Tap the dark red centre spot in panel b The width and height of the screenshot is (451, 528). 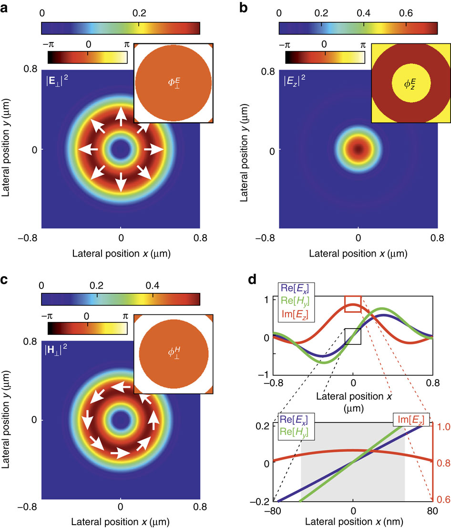[358, 149]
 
